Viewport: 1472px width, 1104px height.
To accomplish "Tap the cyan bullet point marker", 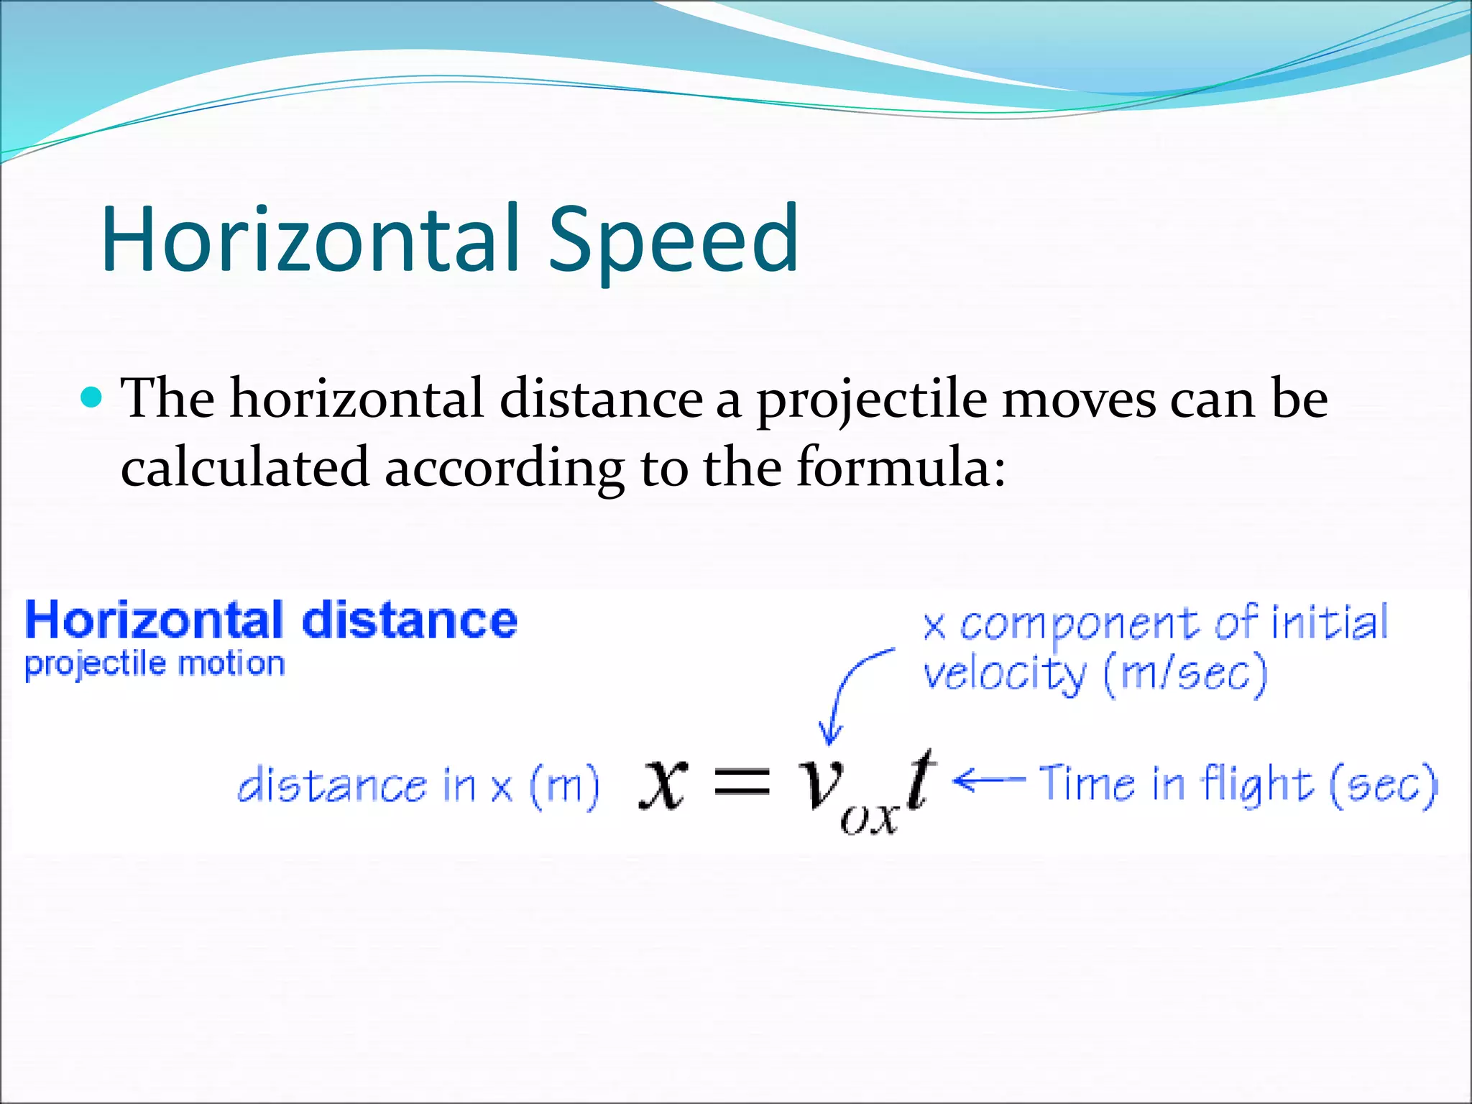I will tap(91, 397).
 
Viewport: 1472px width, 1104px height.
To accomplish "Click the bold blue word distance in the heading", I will tap(409, 621).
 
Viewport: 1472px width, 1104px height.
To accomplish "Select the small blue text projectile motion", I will tap(155, 664).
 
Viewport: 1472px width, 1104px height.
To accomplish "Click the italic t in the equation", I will tap(919, 780).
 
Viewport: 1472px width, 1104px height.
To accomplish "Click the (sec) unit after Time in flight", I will tap(1384, 785).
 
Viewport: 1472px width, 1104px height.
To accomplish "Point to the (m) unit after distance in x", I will tap(564, 786).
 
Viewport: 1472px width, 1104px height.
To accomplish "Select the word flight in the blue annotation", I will tap(1258, 785).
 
